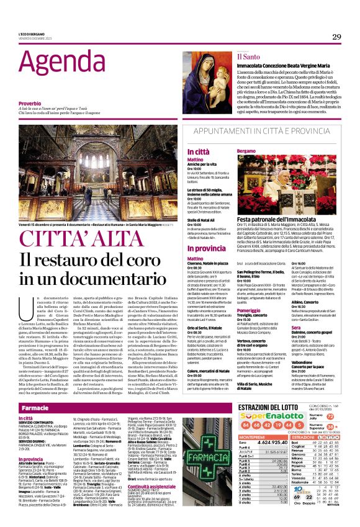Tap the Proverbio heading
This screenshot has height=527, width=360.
coord(30,103)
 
